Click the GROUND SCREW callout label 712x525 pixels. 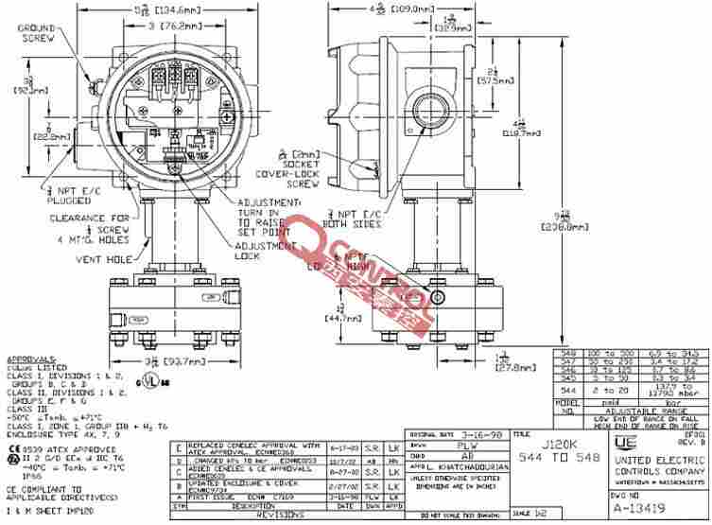click(x=35, y=33)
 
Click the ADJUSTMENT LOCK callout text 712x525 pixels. click(x=260, y=251)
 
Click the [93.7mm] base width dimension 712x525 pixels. click(x=166, y=360)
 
